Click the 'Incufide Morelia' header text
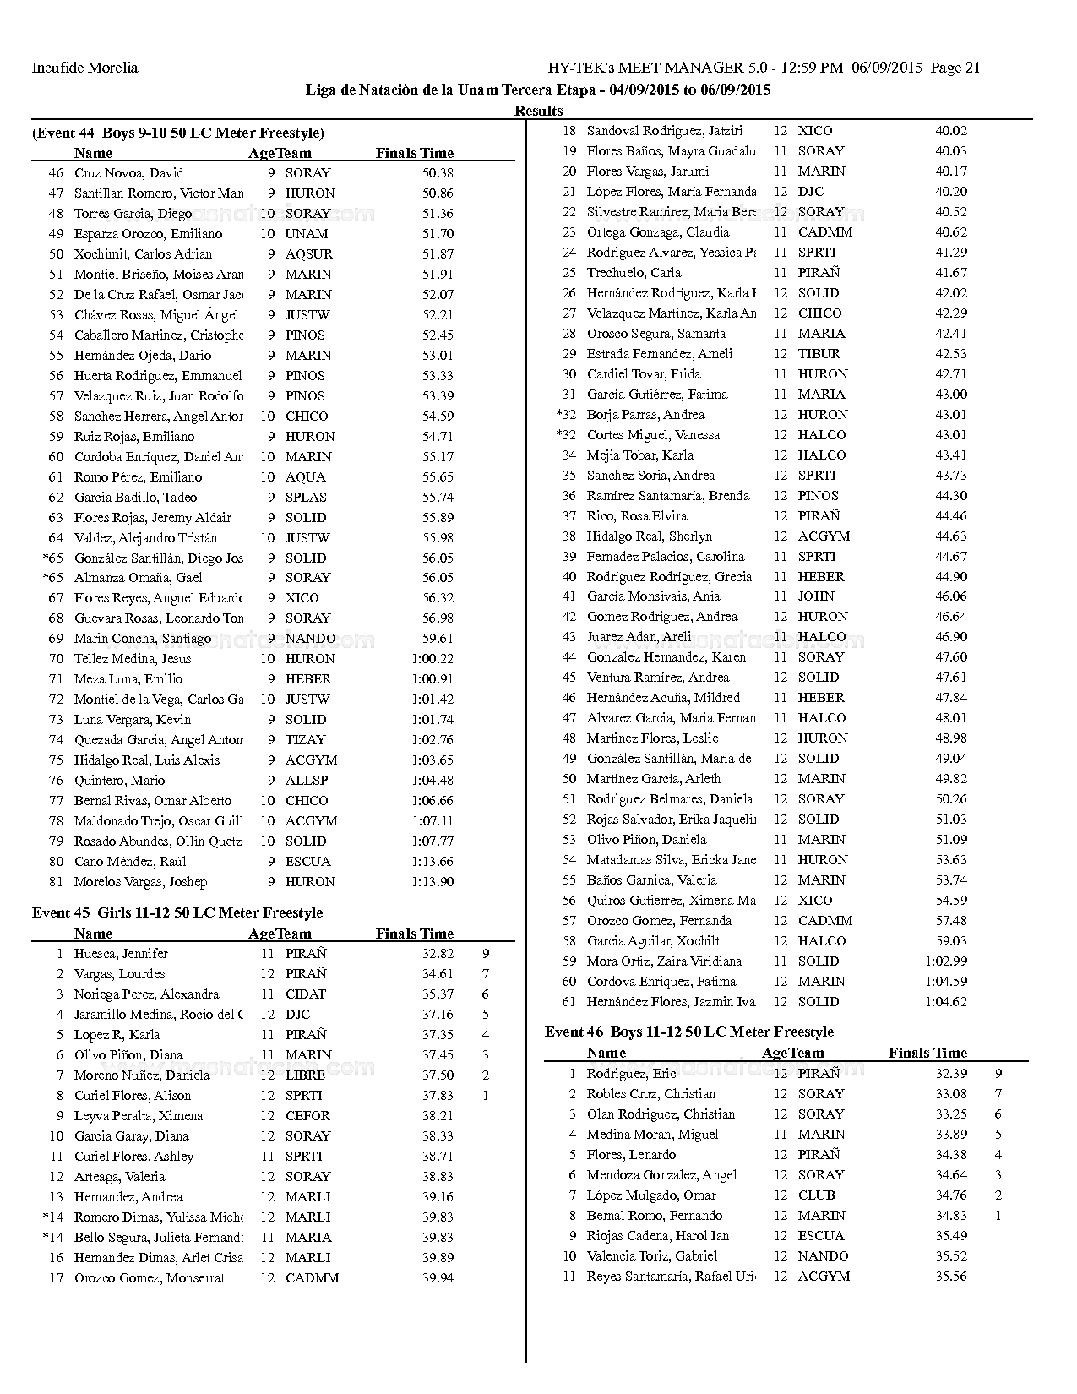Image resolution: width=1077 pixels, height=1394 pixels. pyautogui.click(x=84, y=68)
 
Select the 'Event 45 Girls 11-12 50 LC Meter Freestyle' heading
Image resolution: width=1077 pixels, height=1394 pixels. pyautogui.click(x=177, y=912)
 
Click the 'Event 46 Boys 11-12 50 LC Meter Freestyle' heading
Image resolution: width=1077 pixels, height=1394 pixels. pyautogui.click(x=689, y=1032)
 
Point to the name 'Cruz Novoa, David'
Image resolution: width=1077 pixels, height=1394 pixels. pyautogui.click(x=128, y=173)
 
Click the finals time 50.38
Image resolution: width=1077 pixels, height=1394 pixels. pyautogui.click(x=438, y=173)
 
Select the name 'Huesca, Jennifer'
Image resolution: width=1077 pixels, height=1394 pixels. pyautogui.click(x=121, y=954)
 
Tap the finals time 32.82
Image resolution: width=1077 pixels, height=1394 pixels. pyautogui.click(x=438, y=954)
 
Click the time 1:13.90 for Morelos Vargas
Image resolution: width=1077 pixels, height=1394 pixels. pyautogui.click(x=432, y=882)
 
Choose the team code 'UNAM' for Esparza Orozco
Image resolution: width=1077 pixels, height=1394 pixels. pyautogui.click(x=307, y=234)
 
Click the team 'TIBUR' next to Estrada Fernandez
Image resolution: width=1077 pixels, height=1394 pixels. pyautogui.click(x=819, y=354)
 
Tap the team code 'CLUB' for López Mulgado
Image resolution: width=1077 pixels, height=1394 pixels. pyautogui.click(x=816, y=1195)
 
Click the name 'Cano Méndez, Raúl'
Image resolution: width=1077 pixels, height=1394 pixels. pyautogui.click(x=130, y=862)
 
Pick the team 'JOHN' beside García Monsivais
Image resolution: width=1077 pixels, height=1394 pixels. pyautogui.click(x=816, y=596)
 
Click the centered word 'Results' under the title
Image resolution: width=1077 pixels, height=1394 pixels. pyautogui.click(x=538, y=111)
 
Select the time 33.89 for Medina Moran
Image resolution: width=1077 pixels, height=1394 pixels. pyautogui.click(x=951, y=1135)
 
